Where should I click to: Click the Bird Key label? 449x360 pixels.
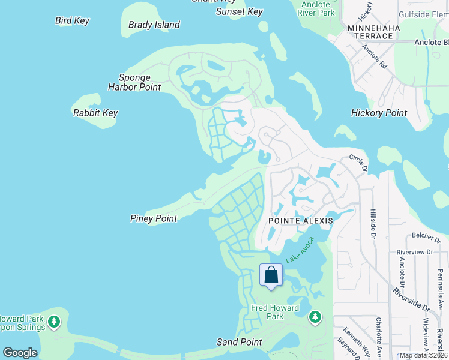(72, 20)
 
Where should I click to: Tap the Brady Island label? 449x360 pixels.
(154, 25)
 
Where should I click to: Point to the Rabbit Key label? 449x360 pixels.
(95, 113)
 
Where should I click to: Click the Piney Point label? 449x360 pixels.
(154, 218)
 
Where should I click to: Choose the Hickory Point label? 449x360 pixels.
(379, 113)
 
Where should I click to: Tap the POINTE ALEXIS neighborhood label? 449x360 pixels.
(300, 221)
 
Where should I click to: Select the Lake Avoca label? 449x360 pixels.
(300, 249)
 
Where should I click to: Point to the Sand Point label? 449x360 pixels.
(239, 342)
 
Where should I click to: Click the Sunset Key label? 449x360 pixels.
(240, 11)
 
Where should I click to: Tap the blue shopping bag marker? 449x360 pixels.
(271, 275)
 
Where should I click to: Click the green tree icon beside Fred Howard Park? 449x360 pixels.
(315, 316)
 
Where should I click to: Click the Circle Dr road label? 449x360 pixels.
(358, 162)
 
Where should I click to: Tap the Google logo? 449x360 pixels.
(20, 353)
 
